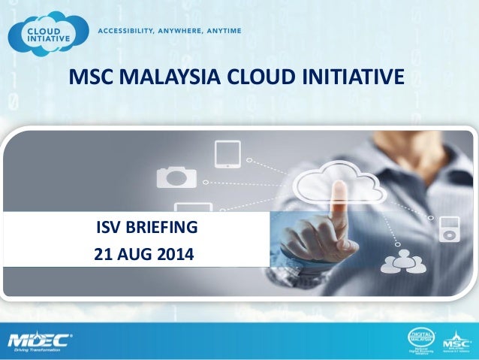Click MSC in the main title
[86, 77]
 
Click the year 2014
[174, 255]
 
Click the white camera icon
[176, 177]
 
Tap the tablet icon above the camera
[227, 154]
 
